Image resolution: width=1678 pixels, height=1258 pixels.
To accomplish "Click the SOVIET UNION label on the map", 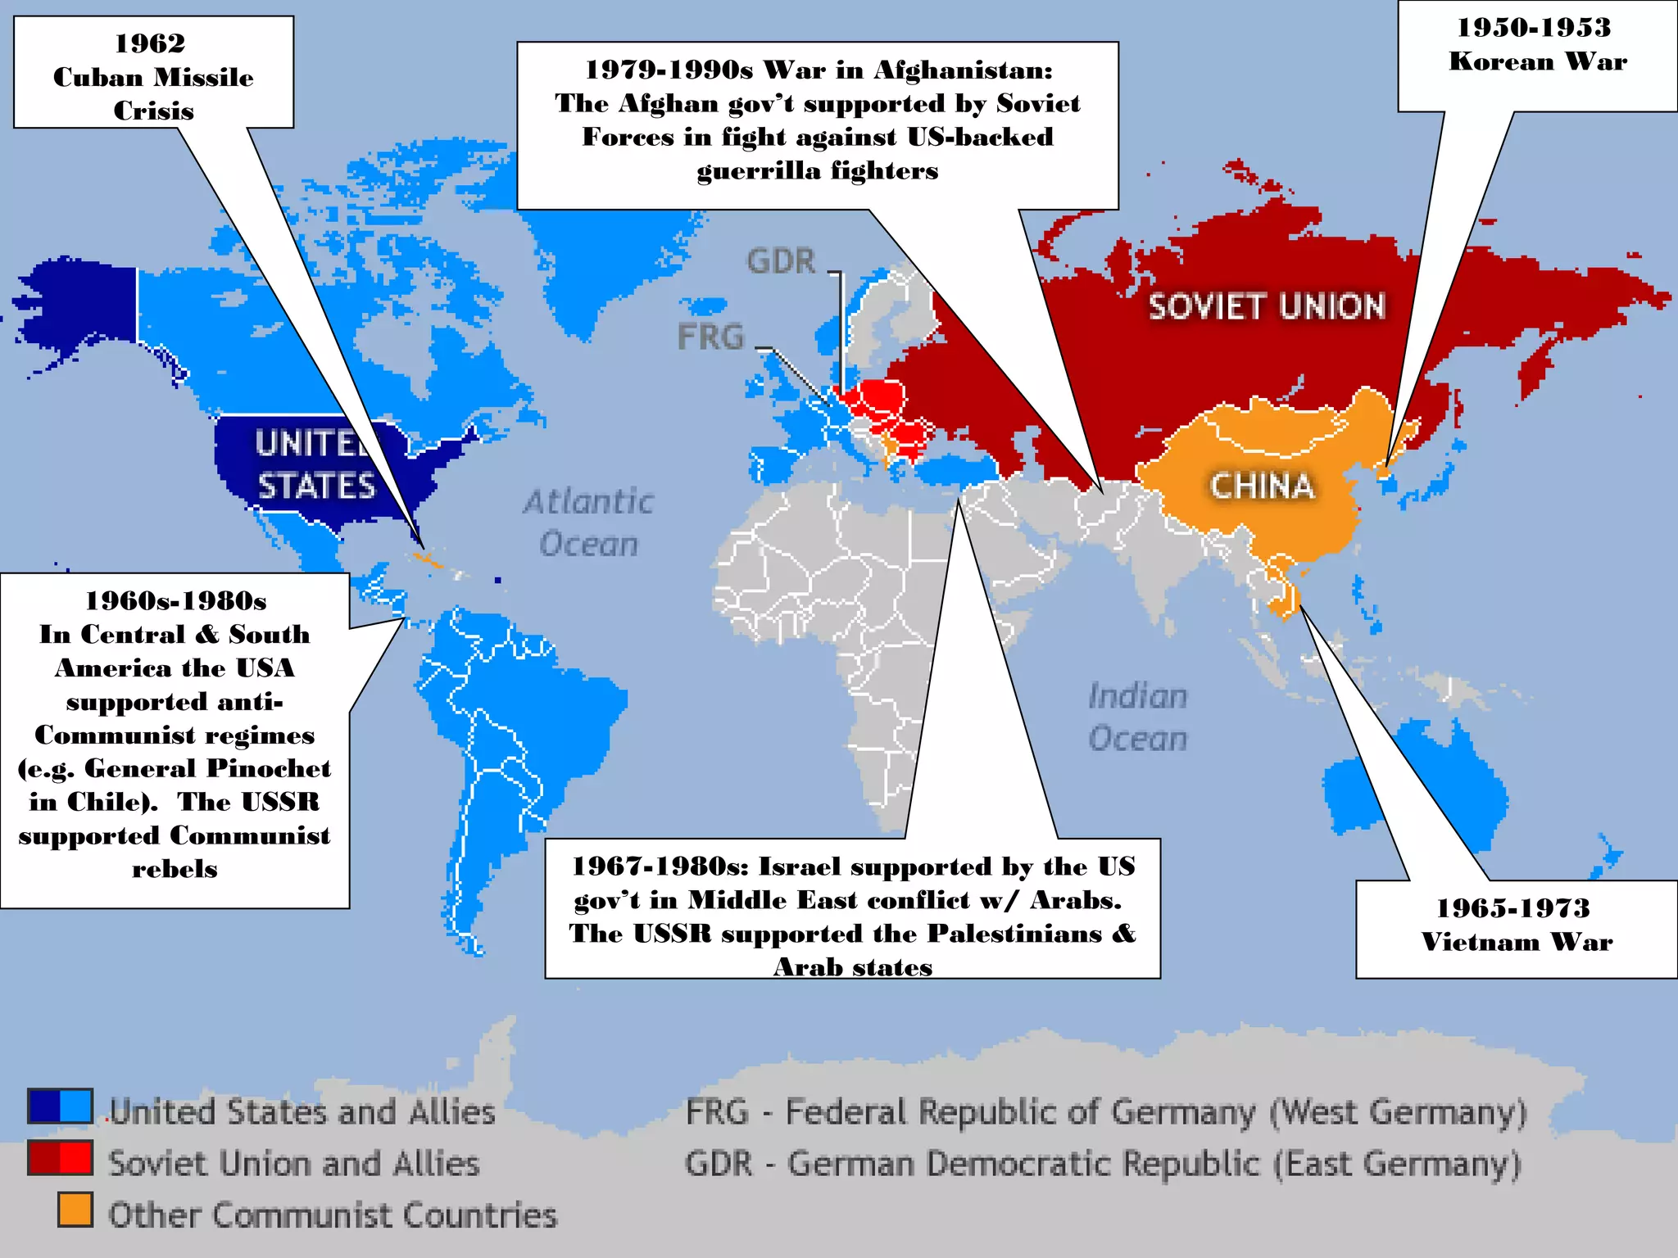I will click(x=1267, y=307).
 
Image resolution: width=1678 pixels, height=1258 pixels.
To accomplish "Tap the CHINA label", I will click(x=1263, y=486).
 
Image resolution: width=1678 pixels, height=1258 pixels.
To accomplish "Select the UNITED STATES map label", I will click(x=315, y=464).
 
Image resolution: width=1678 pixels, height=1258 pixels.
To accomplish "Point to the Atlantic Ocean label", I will click(x=588, y=523).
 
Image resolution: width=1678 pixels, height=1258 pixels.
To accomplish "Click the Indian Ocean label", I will click(x=1137, y=717).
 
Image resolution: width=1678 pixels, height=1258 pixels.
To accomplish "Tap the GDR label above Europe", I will click(x=781, y=262).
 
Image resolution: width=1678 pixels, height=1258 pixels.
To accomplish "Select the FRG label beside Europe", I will click(x=710, y=337).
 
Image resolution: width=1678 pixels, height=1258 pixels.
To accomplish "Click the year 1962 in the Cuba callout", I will click(x=150, y=43).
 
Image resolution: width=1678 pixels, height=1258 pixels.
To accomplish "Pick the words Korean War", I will click(x=1538, y=61).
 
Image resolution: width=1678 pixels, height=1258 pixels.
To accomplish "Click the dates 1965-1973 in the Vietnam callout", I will click(x=1512, y=907).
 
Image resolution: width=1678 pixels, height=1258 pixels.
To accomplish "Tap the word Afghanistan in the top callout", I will click(x=963, y=70).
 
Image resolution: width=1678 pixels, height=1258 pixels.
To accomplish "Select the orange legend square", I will click(x=75, y=1210).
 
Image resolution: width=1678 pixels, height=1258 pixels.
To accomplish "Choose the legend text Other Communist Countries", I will click(x=333, y=1215).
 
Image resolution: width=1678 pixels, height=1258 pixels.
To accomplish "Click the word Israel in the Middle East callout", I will click(x=803, y=867).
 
